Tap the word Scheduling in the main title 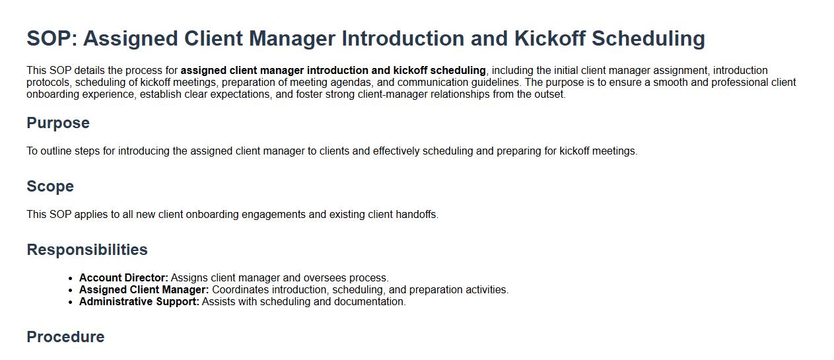point(648,39)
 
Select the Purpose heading point(58,124)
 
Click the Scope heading point(50,186)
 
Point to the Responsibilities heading point(87,250)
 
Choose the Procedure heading point(65,336)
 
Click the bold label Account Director point(123,277)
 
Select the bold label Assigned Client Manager point(144,289)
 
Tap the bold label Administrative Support point(139,302)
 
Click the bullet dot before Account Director point(71,279)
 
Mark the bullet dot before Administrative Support point(71,303)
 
